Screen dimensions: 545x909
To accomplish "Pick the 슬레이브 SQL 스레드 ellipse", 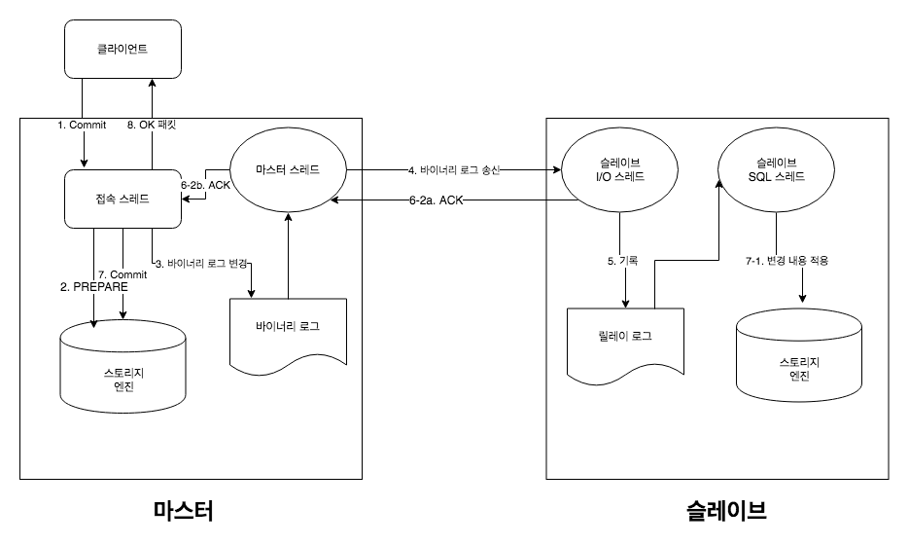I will pos(775,173).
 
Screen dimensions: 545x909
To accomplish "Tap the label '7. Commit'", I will pos(122,272).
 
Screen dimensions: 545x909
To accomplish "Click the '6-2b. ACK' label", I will pos(205,182).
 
